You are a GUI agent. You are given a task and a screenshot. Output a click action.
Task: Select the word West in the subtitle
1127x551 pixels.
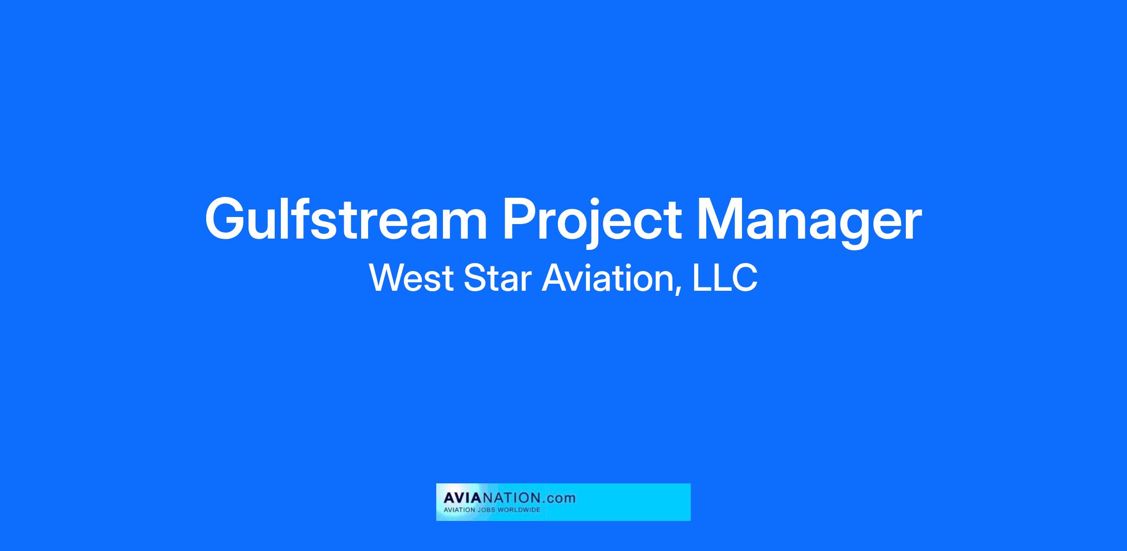pos(411,278)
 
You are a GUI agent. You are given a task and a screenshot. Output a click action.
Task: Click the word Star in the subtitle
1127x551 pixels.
pos(497,278)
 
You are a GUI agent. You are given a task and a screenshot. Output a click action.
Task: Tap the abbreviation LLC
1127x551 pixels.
pos(725,278)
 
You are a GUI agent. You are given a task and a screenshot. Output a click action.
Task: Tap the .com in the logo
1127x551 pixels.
pos(557,499)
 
